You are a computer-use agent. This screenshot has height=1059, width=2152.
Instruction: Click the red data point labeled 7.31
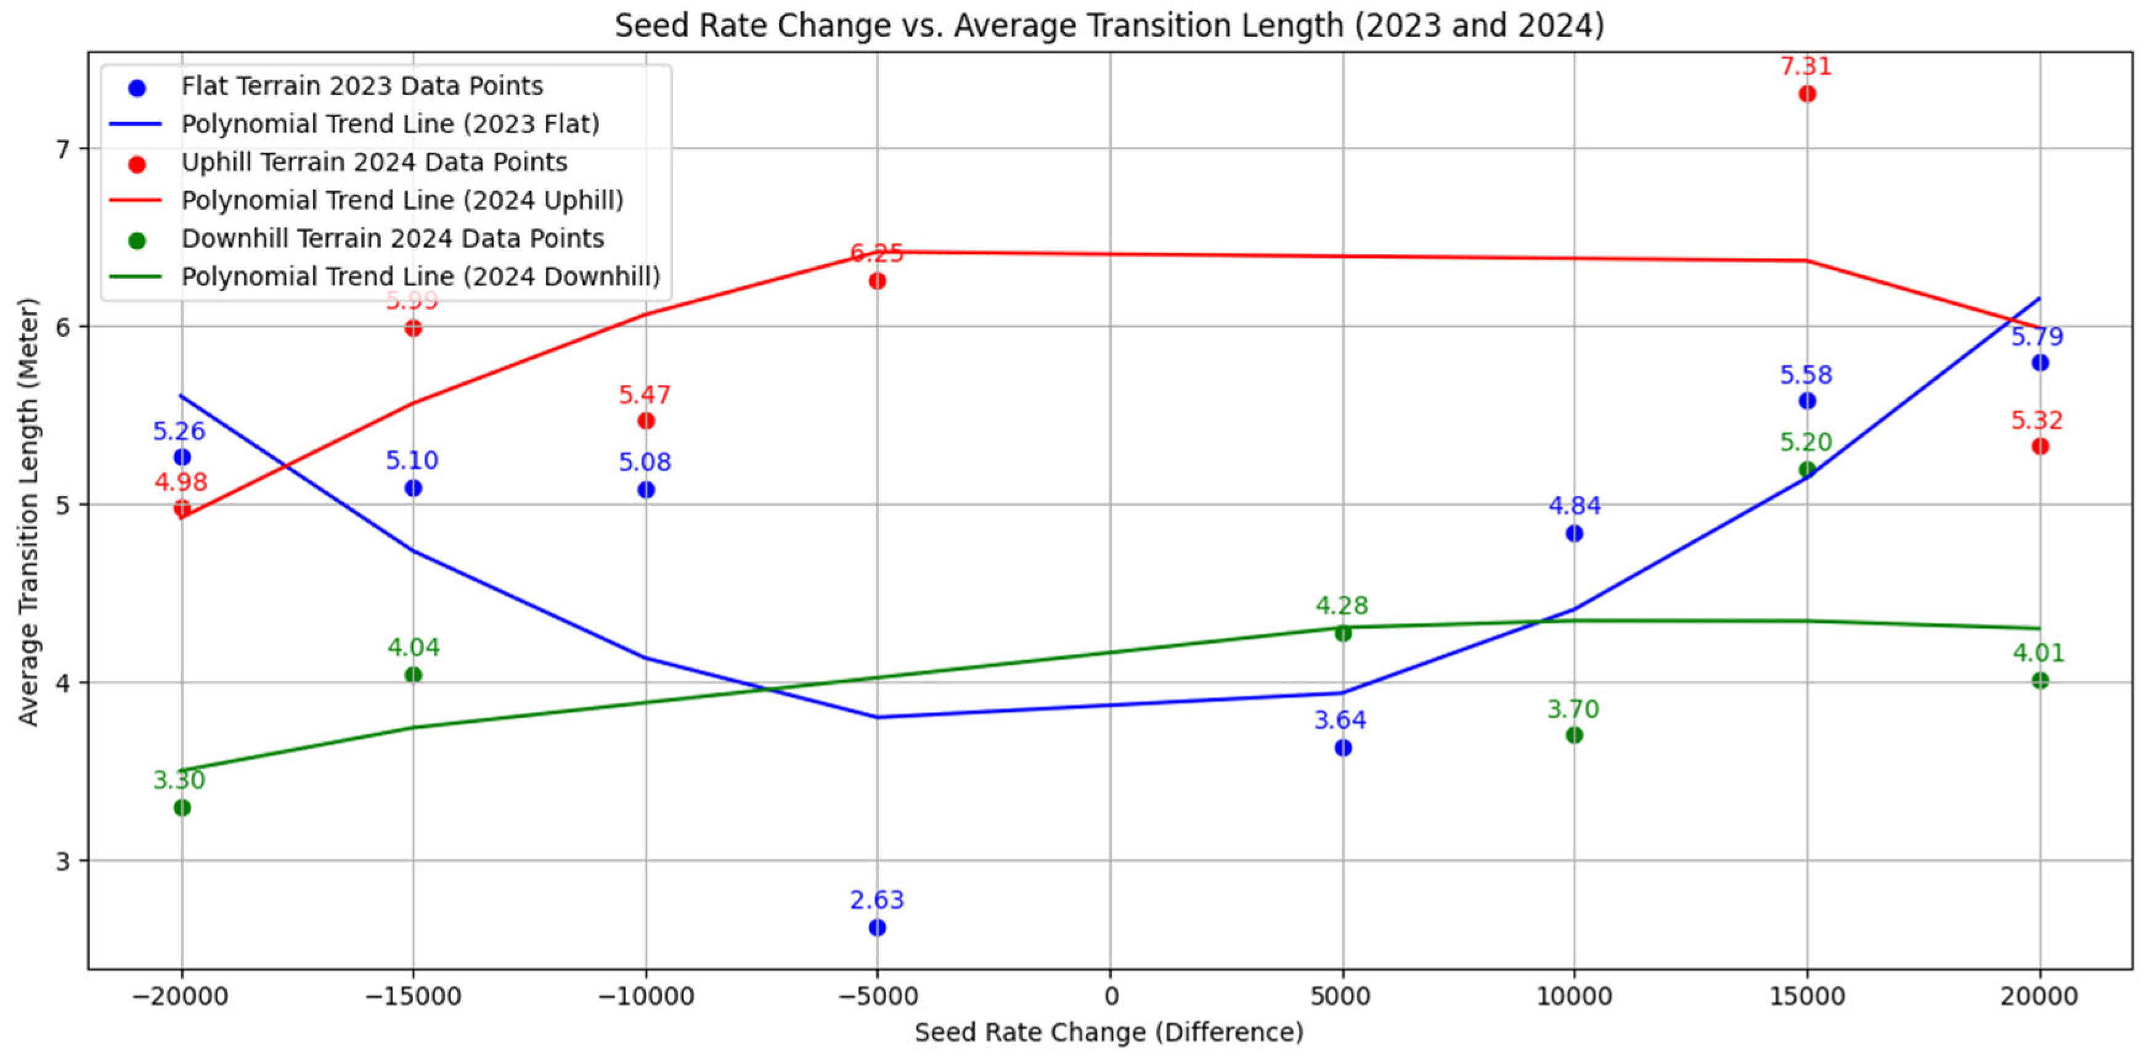[x=1806, y=94]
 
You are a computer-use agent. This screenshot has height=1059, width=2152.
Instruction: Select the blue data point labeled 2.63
[x=876, y=928]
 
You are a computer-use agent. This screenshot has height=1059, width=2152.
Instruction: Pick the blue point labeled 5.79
[x=2039, y=363]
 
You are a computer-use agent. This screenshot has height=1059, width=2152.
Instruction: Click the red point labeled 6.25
[x=876, y=281]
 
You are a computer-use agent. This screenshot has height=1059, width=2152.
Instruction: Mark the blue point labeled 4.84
[x=1574, y=534]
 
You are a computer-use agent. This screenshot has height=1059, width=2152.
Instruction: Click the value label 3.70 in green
[x=1572, y=710]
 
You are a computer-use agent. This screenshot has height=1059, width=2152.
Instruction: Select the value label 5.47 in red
[x=644, y=395]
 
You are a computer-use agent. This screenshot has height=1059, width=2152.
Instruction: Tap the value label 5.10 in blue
[x=412, y=461]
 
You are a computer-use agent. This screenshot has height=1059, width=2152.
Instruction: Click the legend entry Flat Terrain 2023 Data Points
[x=362, y=86]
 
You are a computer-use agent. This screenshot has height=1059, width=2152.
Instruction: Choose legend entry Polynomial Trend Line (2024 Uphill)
[x=402, y=200]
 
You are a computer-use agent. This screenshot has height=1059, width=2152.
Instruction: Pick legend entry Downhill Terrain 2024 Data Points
[x=392, y=239]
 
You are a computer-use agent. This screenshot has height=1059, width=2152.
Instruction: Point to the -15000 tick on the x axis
[x=413, y=996]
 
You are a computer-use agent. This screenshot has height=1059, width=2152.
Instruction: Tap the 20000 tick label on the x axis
[x=2039, y=996]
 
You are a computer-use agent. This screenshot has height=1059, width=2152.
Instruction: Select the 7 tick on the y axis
[x=62, y=149]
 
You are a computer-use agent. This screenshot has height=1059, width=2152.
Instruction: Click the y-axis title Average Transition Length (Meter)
[x=28, y=511]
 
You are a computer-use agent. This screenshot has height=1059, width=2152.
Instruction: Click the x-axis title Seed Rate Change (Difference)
[x=1109, y=1032]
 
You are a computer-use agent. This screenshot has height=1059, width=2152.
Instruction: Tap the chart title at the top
[x=1109, y=25]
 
